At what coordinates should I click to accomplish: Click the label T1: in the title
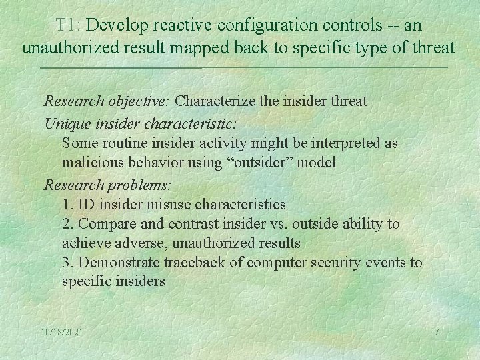68,25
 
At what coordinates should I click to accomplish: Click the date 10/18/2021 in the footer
62,332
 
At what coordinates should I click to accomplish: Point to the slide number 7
437,332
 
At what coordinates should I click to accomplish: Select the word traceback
197,263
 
